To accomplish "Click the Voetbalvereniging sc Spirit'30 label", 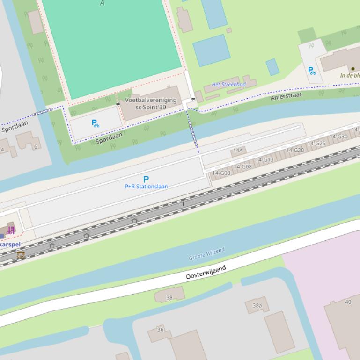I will pyautogui.click(x=150, y=103).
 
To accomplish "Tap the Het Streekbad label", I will pyautogui.click(x=228, y=85).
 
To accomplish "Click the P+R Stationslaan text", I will pyautogui.click(x=146, y=187).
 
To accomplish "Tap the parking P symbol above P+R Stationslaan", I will pyautogui.click(x=146, y=179).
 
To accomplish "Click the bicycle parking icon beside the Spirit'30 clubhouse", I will pyautogui.click(x=95, y=123).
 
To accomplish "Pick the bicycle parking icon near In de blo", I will pyautogui.click(x=311, y=71).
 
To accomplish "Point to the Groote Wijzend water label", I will pyautogui.click(x=206, y=254).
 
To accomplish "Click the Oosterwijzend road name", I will pyautogui.click(x=206, y=272).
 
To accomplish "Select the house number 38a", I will pyautogui.click(x=257, y=306).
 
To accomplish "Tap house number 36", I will pyautogui.click(x=161, y=330).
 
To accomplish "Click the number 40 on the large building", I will pyautogui.click(x=348, y=302).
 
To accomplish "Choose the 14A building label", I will pyautogui.click(x=238, y=151).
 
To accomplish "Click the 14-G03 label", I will pyautogui.click(x=221, y=173).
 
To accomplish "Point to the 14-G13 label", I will pyautogui.click(x=264, y=160).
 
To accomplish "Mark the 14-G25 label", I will pyautogui.click(x=316, y=144).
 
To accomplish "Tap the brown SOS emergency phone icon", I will pyautogui.click(x=21, y=255).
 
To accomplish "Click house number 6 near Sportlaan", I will pyautogui.click(x=36, y=147).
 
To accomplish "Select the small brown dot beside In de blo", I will pyautogui.click(x=353, y=69).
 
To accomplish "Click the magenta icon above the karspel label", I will pyautogui.click(x=11, y=230).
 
